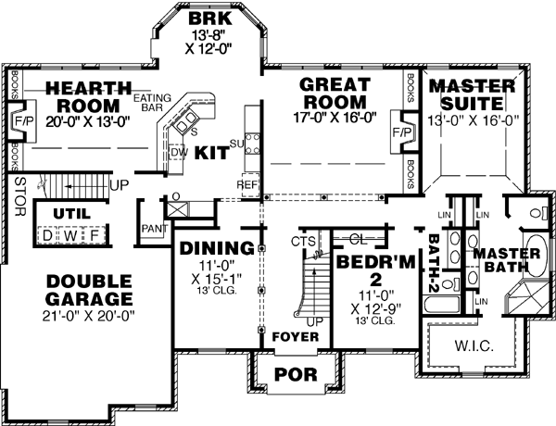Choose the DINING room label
tap(217, 248)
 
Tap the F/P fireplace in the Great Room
tap(401, 132)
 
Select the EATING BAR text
tap(151, 103)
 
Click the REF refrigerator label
tap(246, 184)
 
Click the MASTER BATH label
tap(500, 260)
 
